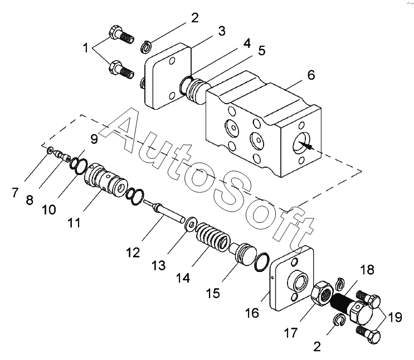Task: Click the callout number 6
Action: click(311, 74)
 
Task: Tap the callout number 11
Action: click(74, 222)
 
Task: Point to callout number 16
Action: click(252, 313)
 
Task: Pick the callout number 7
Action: click(15, 193)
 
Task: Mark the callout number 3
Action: click(221, 31)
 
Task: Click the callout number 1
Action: click(86, 48)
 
